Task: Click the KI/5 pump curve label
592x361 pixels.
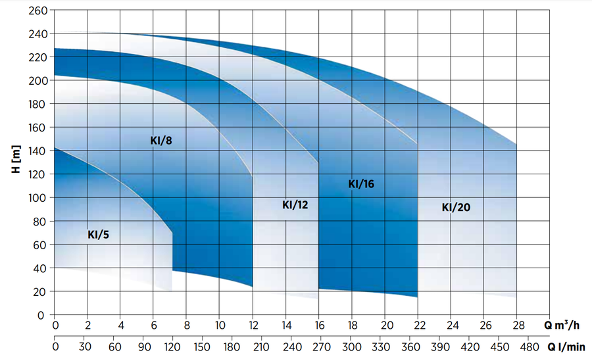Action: (99, 235)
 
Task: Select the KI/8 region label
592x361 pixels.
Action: (160, 140)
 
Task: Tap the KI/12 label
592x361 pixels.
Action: (295, 205)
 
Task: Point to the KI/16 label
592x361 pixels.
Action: (361, 184)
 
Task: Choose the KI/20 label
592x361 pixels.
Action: (456, 207)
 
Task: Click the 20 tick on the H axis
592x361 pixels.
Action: (41, 291)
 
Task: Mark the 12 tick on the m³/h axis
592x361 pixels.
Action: (253, 325)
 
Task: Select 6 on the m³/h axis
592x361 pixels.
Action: (154, 325)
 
